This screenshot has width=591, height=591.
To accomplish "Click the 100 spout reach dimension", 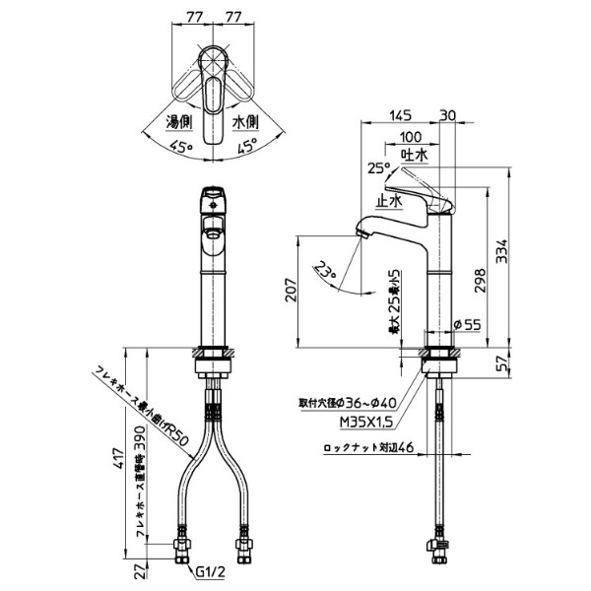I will pyautogui.click(x=412, y=136).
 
